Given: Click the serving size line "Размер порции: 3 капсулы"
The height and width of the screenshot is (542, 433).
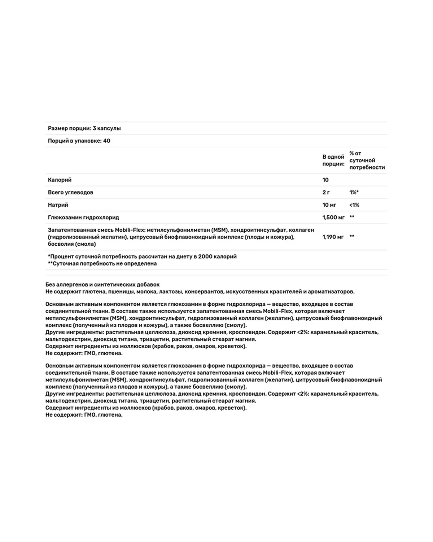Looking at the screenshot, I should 84,128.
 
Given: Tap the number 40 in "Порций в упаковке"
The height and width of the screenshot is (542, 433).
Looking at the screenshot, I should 106,141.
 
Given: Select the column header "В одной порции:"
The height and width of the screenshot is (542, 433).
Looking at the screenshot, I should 333,160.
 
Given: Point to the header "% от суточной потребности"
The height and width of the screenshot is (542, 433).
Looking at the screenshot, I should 367,160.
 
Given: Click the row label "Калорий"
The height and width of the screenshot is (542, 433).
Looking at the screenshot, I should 60,180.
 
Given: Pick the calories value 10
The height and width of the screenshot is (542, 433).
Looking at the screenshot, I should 325,180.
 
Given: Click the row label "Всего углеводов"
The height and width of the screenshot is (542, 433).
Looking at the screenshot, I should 70,193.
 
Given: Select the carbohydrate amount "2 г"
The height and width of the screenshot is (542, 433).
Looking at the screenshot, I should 326,193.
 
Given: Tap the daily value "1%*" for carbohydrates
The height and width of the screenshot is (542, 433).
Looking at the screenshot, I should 354,193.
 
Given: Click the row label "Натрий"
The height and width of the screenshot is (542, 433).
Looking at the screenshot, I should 58,205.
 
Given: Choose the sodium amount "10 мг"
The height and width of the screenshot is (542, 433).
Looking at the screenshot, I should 329,205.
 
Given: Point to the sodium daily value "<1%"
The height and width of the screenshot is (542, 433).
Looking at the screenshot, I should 354,205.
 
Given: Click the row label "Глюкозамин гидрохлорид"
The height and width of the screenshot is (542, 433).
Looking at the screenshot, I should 83,218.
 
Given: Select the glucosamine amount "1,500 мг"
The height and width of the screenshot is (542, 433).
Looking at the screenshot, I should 333,218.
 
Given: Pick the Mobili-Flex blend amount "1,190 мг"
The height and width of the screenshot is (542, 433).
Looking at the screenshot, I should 333,237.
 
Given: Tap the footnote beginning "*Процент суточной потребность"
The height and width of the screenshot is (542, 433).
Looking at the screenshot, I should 142,257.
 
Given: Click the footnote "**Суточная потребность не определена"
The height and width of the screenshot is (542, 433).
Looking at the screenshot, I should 102,263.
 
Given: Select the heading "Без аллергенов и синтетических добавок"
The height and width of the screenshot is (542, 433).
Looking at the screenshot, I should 102,285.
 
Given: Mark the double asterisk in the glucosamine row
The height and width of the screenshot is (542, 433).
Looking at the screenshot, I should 352,218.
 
